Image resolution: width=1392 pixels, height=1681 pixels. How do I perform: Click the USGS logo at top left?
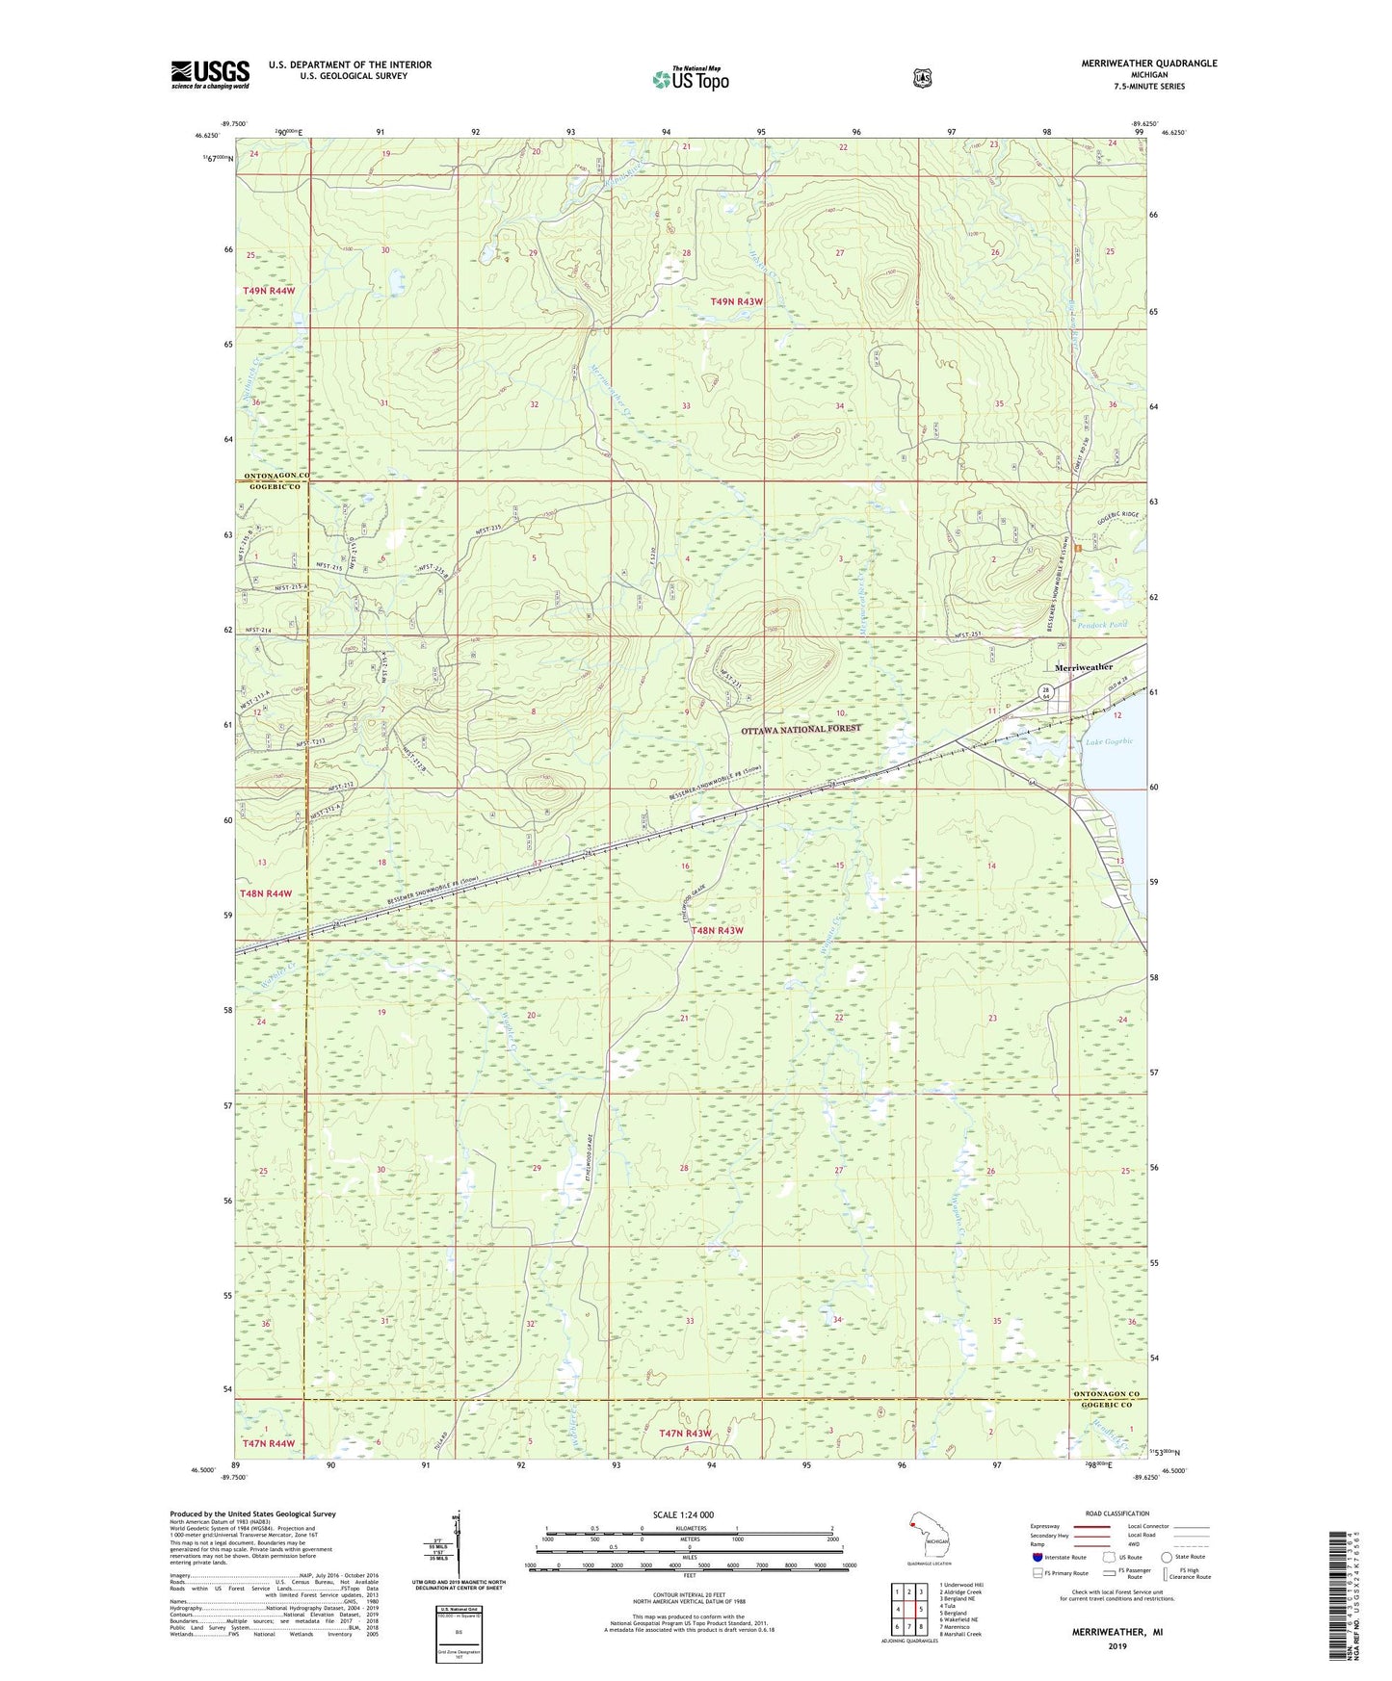[210, 74]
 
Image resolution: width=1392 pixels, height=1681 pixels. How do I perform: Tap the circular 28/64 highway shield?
[1046, 691]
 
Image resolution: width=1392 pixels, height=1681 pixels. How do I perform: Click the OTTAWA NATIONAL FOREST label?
[801, 730]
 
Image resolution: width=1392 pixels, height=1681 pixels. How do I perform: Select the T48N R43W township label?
[717, 931]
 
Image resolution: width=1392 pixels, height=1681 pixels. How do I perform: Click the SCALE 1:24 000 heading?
[682, 1515]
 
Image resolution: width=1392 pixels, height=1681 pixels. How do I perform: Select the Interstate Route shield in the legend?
[1037, 1557]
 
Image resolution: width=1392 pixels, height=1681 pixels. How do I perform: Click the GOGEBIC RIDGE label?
[1117, 515]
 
